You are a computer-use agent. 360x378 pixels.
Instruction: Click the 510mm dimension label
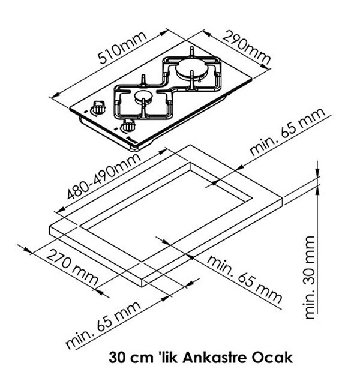(122, 47)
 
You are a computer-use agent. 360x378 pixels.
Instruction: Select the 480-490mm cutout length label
(103, 176)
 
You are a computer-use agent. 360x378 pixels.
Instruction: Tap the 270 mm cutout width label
(72, 268)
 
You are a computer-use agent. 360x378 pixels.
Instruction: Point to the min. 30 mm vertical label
(310, 278)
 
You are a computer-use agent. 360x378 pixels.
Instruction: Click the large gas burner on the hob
(190, 68)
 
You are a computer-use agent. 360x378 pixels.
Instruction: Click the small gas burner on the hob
(144, 97)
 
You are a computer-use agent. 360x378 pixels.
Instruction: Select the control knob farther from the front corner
(98, 107)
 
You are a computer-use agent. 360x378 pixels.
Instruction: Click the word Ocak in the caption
(272, 357)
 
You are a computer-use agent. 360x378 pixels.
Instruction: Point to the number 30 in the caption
(117, 358)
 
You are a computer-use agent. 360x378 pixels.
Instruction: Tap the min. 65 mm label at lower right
(244, 280)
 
